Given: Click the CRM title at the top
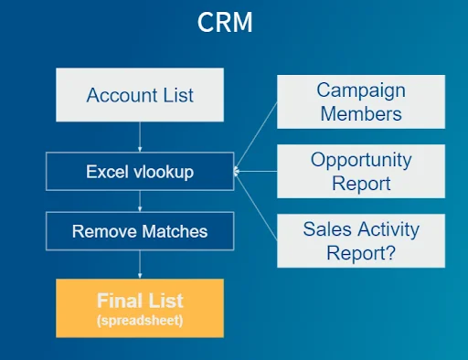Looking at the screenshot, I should pyautogui.click(x=225, y=23).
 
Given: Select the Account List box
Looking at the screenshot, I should pyautogui.click(x=140, y=95).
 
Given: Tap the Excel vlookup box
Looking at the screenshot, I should pyautogui.click(x=140, y=171).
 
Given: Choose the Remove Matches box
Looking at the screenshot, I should pyautogui.click(x=140, y=231).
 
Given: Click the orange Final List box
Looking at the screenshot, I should pyautogui.click(x=140, y=308).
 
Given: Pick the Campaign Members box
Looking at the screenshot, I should pyautogui.click(x=360, y=101).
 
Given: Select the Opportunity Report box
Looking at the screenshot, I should pyautogui.click(x=360, y=171).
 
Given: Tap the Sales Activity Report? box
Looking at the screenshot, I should pyautogui.click(x=360, y=240).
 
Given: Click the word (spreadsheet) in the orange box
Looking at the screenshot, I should pyautogui.click(x=140, y=322).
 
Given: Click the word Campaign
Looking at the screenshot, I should pyautogui.click(x=360, y=90).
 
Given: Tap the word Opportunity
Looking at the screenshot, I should pyautogui.click(x=360, y=160).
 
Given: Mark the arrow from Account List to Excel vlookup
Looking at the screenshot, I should pyautogui.click(x=140, y=137).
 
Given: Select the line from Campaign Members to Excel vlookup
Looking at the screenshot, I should pyautogui.click(x=257, y=134).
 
